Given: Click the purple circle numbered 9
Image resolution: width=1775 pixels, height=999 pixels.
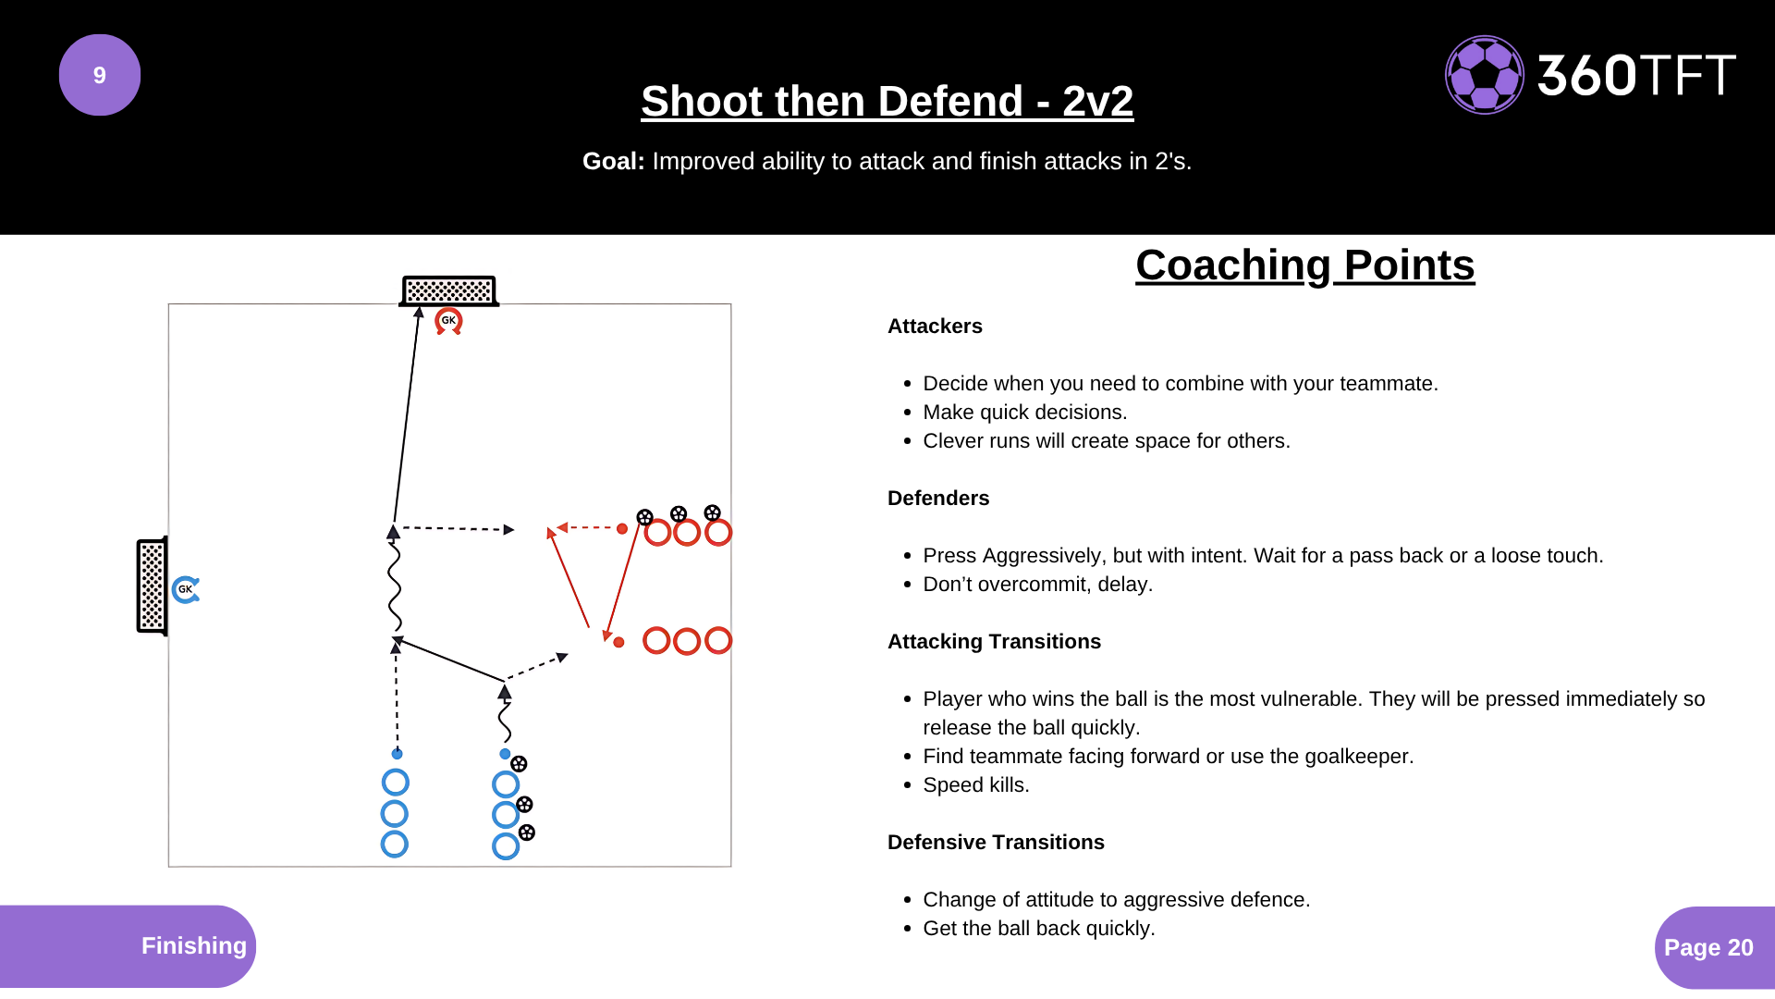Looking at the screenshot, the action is [x=100, y=75].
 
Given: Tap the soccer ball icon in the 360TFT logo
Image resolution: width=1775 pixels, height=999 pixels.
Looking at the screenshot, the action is [x=1485, y=75].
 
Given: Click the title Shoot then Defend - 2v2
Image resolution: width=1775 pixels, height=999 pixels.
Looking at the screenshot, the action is [x=887, y=101].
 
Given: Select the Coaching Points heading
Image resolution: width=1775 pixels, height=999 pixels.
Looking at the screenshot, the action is [x=1304, y=265].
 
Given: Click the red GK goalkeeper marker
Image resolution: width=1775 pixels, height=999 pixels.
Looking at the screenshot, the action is [x=448, y=321].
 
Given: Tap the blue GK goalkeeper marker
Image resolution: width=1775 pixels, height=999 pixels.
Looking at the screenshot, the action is [x=186, y=589].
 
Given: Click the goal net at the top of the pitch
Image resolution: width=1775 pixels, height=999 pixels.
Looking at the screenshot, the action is [x=449, y=290].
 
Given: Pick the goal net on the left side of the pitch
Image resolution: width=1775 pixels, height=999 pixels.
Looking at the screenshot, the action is [x=153, y=586].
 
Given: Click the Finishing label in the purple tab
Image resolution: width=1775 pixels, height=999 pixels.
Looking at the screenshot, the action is [x=194, y=945].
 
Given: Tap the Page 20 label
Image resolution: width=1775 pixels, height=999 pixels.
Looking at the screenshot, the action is [x=1708, y=947].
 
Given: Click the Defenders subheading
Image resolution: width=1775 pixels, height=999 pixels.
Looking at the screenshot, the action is [x=938, y=499].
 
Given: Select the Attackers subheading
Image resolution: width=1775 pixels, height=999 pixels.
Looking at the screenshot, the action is [x=935, y=327].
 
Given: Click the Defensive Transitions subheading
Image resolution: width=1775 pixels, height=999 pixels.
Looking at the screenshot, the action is [x=996, y=843].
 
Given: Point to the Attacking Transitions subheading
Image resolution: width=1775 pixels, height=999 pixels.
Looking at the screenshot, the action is [x=994, y=642].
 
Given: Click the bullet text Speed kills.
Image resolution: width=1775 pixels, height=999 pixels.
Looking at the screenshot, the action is [x=976, y=785].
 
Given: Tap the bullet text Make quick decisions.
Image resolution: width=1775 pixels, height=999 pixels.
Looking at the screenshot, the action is [x=1025, y=413].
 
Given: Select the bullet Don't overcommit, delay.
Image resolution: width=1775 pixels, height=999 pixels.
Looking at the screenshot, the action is [x=1038, y=585].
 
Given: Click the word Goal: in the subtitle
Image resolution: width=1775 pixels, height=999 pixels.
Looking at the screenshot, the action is [x=614, y=161].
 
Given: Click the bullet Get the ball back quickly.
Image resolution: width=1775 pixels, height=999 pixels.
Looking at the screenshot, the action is [x=1039, y=929].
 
